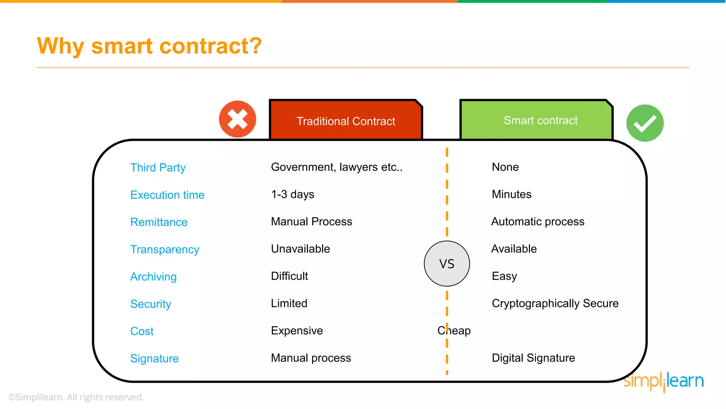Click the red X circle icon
pyautogui.click(x=238, y=119)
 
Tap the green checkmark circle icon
pyautogui.click(x=645, y=123)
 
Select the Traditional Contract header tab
pyautogui.click(x=346, y=121)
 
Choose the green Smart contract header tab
pyautogui.click(x=540, y=120)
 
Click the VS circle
pyautogui.click(x=447, y=264)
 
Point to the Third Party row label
pyautogui.click(x=158, y=168)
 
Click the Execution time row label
pyautogui.click(x=167, y=195)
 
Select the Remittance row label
pyautogui.click(x=159, y=222)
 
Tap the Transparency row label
pyautogui.click(x=164, y=250)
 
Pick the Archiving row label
pyautogui.click(x=153, y=277)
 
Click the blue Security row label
pyautogui.click(x=151, y=304)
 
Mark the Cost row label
pyautogui.click(x=142, y=331)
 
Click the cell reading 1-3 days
pyautogui.click(x=292, y=195)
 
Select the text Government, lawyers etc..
pyautogui.click(x=336, y=167)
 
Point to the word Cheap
pyautogui.click(x=454, y=331)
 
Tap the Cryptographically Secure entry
pyautogui.click(x=555, y=304)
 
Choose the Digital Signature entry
pyautogui.click(x=533, y=358)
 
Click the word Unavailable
pyautogui.click(x=300, y=249)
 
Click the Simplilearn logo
pyautogui.click(x=663, y=381)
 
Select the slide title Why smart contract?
pyautogui.click(x=149, y=46)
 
